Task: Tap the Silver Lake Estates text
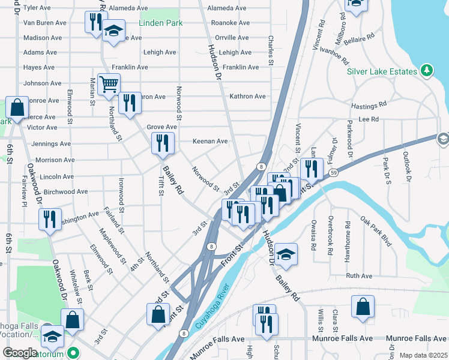pyautogui.click(x=382, y=71)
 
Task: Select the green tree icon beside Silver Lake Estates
pyautogui.click(x=427, y=71)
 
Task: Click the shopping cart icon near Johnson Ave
pyautogui.click(x=109, y=85)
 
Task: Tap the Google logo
pyautogui.click(x=20, y=353)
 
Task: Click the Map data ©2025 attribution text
pyautogui.click(x=423, y=355)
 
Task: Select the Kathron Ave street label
pyautogui.click(x=247, y=96)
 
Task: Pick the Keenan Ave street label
pyautogui.click(x=210, y=142)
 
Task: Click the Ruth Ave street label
pyautogui.click(x=359, y=276)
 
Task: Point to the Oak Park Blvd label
pyautogui.click(x=376, y=231)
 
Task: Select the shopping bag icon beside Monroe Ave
pyautogui.click(x=17, y=108)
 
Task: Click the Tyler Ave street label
pyautogui.click(x=37, y=8)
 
